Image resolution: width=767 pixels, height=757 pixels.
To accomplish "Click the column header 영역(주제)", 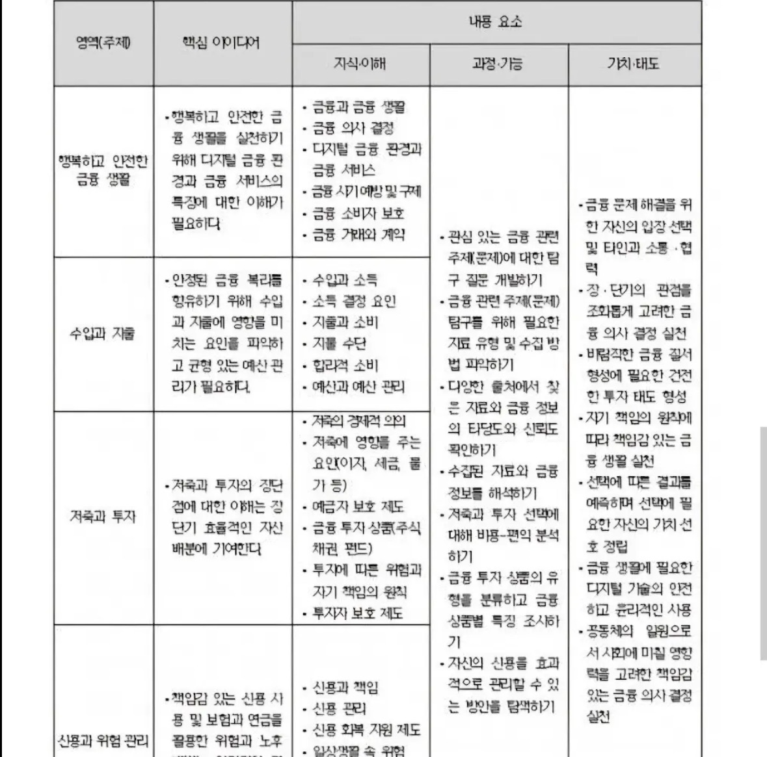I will [103, 44].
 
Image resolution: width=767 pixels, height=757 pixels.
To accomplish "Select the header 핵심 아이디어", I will [221, 44].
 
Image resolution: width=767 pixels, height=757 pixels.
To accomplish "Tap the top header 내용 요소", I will [496, 22].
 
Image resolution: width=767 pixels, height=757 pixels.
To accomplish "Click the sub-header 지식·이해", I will [360, 64].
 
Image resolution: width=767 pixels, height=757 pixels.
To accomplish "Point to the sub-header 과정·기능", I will [498, 64].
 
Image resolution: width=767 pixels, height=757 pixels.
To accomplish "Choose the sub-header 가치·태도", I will [633, 64].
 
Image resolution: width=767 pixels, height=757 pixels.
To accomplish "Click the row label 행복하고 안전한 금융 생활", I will [103, 170].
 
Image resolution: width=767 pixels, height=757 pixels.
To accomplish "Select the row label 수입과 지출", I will [103, 334].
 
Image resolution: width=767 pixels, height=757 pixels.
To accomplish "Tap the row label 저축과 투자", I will [103, 517].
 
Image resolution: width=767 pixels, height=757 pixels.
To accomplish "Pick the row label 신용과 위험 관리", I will [103, 740].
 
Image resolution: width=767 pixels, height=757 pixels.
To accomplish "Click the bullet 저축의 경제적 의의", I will [358, 421].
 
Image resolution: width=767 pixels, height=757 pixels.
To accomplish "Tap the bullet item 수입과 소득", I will [344, 281].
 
